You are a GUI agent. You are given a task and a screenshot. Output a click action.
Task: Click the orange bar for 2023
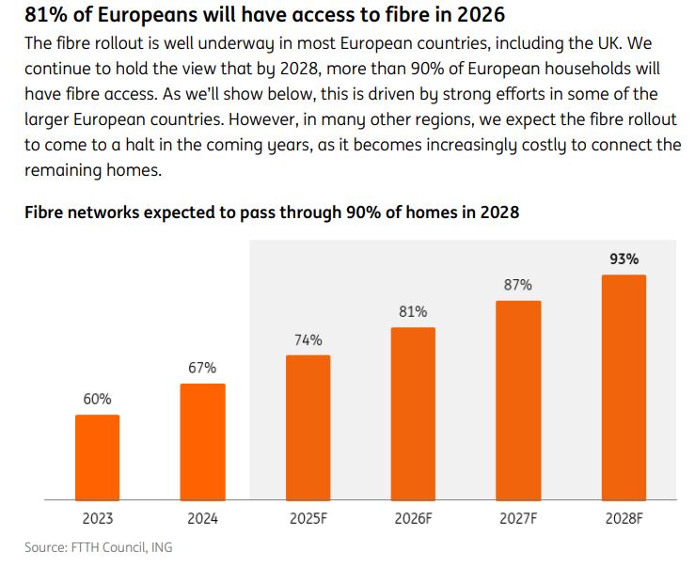point(97,456)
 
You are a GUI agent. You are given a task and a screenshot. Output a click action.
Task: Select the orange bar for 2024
point(202,441)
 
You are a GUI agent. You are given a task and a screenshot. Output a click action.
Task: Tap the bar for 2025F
point(308,427)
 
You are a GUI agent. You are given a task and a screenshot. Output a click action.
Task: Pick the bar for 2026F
point(413,413)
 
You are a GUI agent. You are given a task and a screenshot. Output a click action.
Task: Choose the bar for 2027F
point(518,400)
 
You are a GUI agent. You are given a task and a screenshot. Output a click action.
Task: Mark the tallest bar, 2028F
point(624,386)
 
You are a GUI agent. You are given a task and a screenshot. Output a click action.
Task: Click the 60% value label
point(97,400)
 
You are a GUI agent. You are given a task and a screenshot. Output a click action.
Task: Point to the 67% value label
point(202,368)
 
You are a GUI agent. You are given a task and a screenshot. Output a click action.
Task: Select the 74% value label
point(308,339)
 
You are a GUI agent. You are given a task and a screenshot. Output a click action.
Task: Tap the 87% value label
point(518,285)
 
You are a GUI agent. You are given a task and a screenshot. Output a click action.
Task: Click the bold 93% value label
point(624,259)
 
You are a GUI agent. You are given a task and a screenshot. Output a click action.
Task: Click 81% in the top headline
point(43,15)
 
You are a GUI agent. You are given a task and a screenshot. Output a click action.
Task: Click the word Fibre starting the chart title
point(47,212)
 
